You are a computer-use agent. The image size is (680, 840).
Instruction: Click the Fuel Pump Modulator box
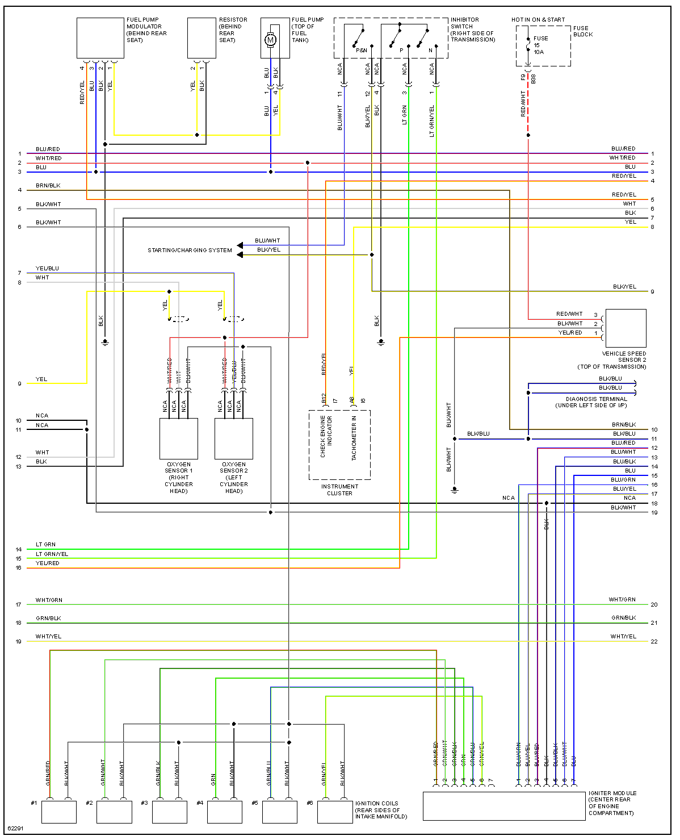click(100, 37)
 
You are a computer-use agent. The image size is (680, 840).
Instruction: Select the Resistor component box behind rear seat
click(202, 37)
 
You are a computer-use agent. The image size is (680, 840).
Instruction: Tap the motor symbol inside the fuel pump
click(270, 40)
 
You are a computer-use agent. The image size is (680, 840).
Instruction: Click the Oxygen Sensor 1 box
click(178, 438)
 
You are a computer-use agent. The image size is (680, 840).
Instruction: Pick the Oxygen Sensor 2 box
click(234, 438)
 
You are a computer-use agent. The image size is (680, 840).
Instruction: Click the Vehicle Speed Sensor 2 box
click(626, 328)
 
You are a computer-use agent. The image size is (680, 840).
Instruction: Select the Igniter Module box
click(504, 806)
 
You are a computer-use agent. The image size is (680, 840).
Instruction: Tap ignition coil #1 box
click(59, 812)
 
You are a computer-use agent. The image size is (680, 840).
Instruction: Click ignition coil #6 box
click(335, 812)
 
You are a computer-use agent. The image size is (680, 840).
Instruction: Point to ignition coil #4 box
click(225, 812)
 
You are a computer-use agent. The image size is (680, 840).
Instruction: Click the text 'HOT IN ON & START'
click(538, 20)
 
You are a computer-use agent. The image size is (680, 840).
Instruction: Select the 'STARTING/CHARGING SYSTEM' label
click(190, 250)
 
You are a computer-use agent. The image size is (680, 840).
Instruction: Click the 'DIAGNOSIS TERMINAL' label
click(596, 399)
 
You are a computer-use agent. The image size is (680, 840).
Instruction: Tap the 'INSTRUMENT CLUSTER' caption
click(339, 490)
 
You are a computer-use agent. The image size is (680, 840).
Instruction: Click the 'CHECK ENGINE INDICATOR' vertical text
click(326, 437)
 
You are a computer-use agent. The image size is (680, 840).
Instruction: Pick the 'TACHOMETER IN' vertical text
click(354, 438)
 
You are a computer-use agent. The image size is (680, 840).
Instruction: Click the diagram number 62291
click(16, 828)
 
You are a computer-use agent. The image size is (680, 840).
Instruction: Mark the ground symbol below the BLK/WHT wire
click(454, 490)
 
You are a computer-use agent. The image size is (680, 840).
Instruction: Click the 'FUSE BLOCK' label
click(582, 31)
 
